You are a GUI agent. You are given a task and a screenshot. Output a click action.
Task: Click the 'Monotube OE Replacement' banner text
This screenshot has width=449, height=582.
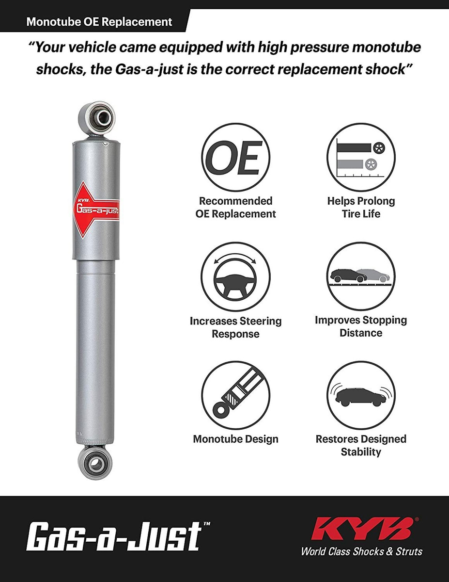[x=99, y=22]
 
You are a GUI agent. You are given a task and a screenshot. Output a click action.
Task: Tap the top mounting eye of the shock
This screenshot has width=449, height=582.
[x=96, y=117]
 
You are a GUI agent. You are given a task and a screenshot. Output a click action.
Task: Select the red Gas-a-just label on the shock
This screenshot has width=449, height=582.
[x=96, y=210]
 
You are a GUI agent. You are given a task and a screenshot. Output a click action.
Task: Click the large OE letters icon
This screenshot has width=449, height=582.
[x=235, y=158]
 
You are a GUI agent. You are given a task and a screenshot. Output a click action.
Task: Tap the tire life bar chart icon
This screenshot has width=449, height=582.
[x=361, y=157]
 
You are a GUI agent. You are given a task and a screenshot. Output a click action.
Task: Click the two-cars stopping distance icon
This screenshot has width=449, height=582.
[x=361, y=276]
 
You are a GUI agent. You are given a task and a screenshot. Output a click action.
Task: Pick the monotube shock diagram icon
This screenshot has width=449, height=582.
[x=235, y=396]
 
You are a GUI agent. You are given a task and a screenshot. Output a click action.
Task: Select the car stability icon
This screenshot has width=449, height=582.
[x=361, y=395]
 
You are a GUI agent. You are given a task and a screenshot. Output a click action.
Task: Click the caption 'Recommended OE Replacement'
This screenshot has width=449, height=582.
[x=235, y=207]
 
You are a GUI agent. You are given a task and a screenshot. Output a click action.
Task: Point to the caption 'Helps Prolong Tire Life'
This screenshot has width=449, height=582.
[x=361, y=207]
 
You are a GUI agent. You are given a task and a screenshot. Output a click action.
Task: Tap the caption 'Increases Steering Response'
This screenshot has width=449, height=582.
[x=235, y=327]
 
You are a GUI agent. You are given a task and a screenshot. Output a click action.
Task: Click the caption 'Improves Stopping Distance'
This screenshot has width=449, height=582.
[x=361, y=326]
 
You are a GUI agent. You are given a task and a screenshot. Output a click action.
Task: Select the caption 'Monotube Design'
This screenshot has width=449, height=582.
[x=235, y=439]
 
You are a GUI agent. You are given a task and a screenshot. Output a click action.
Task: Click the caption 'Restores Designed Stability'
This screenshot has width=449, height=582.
[x=361, y=445]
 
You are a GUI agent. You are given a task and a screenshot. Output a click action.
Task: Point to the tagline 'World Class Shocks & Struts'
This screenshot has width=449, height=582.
[x=361, y=551]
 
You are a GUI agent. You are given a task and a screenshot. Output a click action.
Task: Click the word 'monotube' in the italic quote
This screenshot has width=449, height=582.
[x=387, y=47]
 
